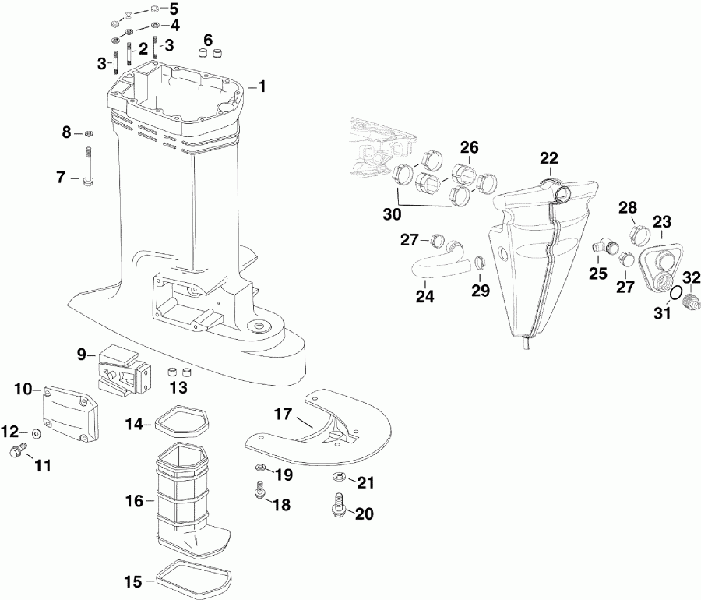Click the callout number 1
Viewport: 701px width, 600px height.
click(262, 86)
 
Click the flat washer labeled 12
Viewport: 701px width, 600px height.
click(37, 432)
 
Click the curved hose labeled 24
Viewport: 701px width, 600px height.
click(436, 266)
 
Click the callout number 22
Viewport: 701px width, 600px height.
click(550, 158)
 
